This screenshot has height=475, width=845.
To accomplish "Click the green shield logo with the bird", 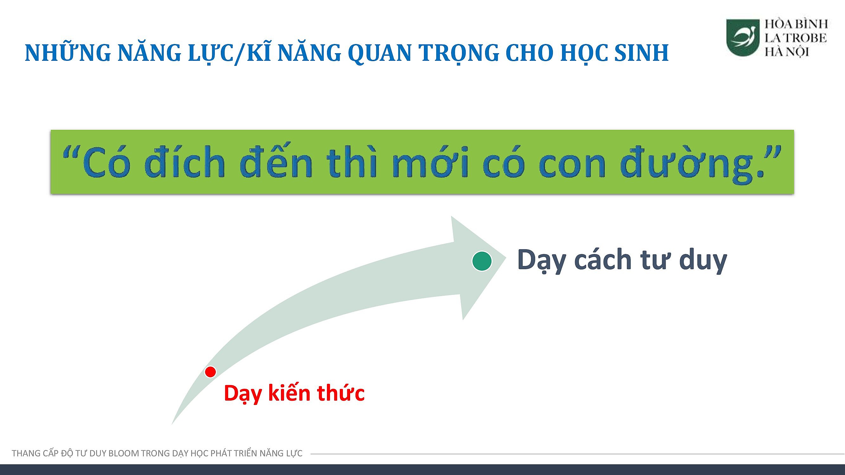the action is [743, 37].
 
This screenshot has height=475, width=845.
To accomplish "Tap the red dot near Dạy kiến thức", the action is [210, 372].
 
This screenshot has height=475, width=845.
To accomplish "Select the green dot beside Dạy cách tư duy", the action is [482, 261].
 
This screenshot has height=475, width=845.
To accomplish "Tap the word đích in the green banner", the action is [185, 162].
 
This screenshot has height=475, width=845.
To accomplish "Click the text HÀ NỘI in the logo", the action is [787, 52].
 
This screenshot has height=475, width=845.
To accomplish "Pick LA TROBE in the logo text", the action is [796, 38].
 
